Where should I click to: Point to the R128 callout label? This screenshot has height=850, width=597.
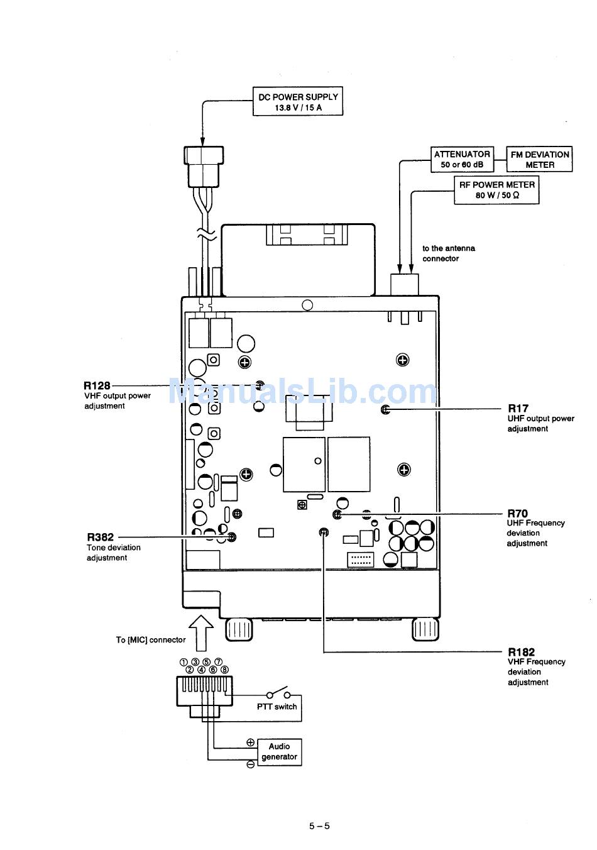tap(97, 385)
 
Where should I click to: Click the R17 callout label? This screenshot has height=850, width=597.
tap(518, 408)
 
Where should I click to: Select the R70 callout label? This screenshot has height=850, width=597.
tap(518, 514)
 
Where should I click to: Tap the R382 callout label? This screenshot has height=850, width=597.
tap(100, 537)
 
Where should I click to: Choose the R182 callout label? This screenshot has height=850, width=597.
tap(521, 652)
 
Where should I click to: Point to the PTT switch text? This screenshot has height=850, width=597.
tap(277, 707)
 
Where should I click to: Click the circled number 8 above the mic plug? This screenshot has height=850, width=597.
tap(224, 670)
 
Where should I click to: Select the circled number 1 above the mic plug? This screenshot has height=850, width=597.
tap(183, 662)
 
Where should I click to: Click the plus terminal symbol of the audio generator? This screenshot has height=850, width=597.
tap(250, 742)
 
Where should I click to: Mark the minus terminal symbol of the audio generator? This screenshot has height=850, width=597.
tap(250, 764)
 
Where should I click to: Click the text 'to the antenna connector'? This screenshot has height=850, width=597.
tap(448, 253)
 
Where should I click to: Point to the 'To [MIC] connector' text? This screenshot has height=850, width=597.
tap(151, 640)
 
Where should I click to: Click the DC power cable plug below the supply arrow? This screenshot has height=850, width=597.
tap(204, 167)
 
